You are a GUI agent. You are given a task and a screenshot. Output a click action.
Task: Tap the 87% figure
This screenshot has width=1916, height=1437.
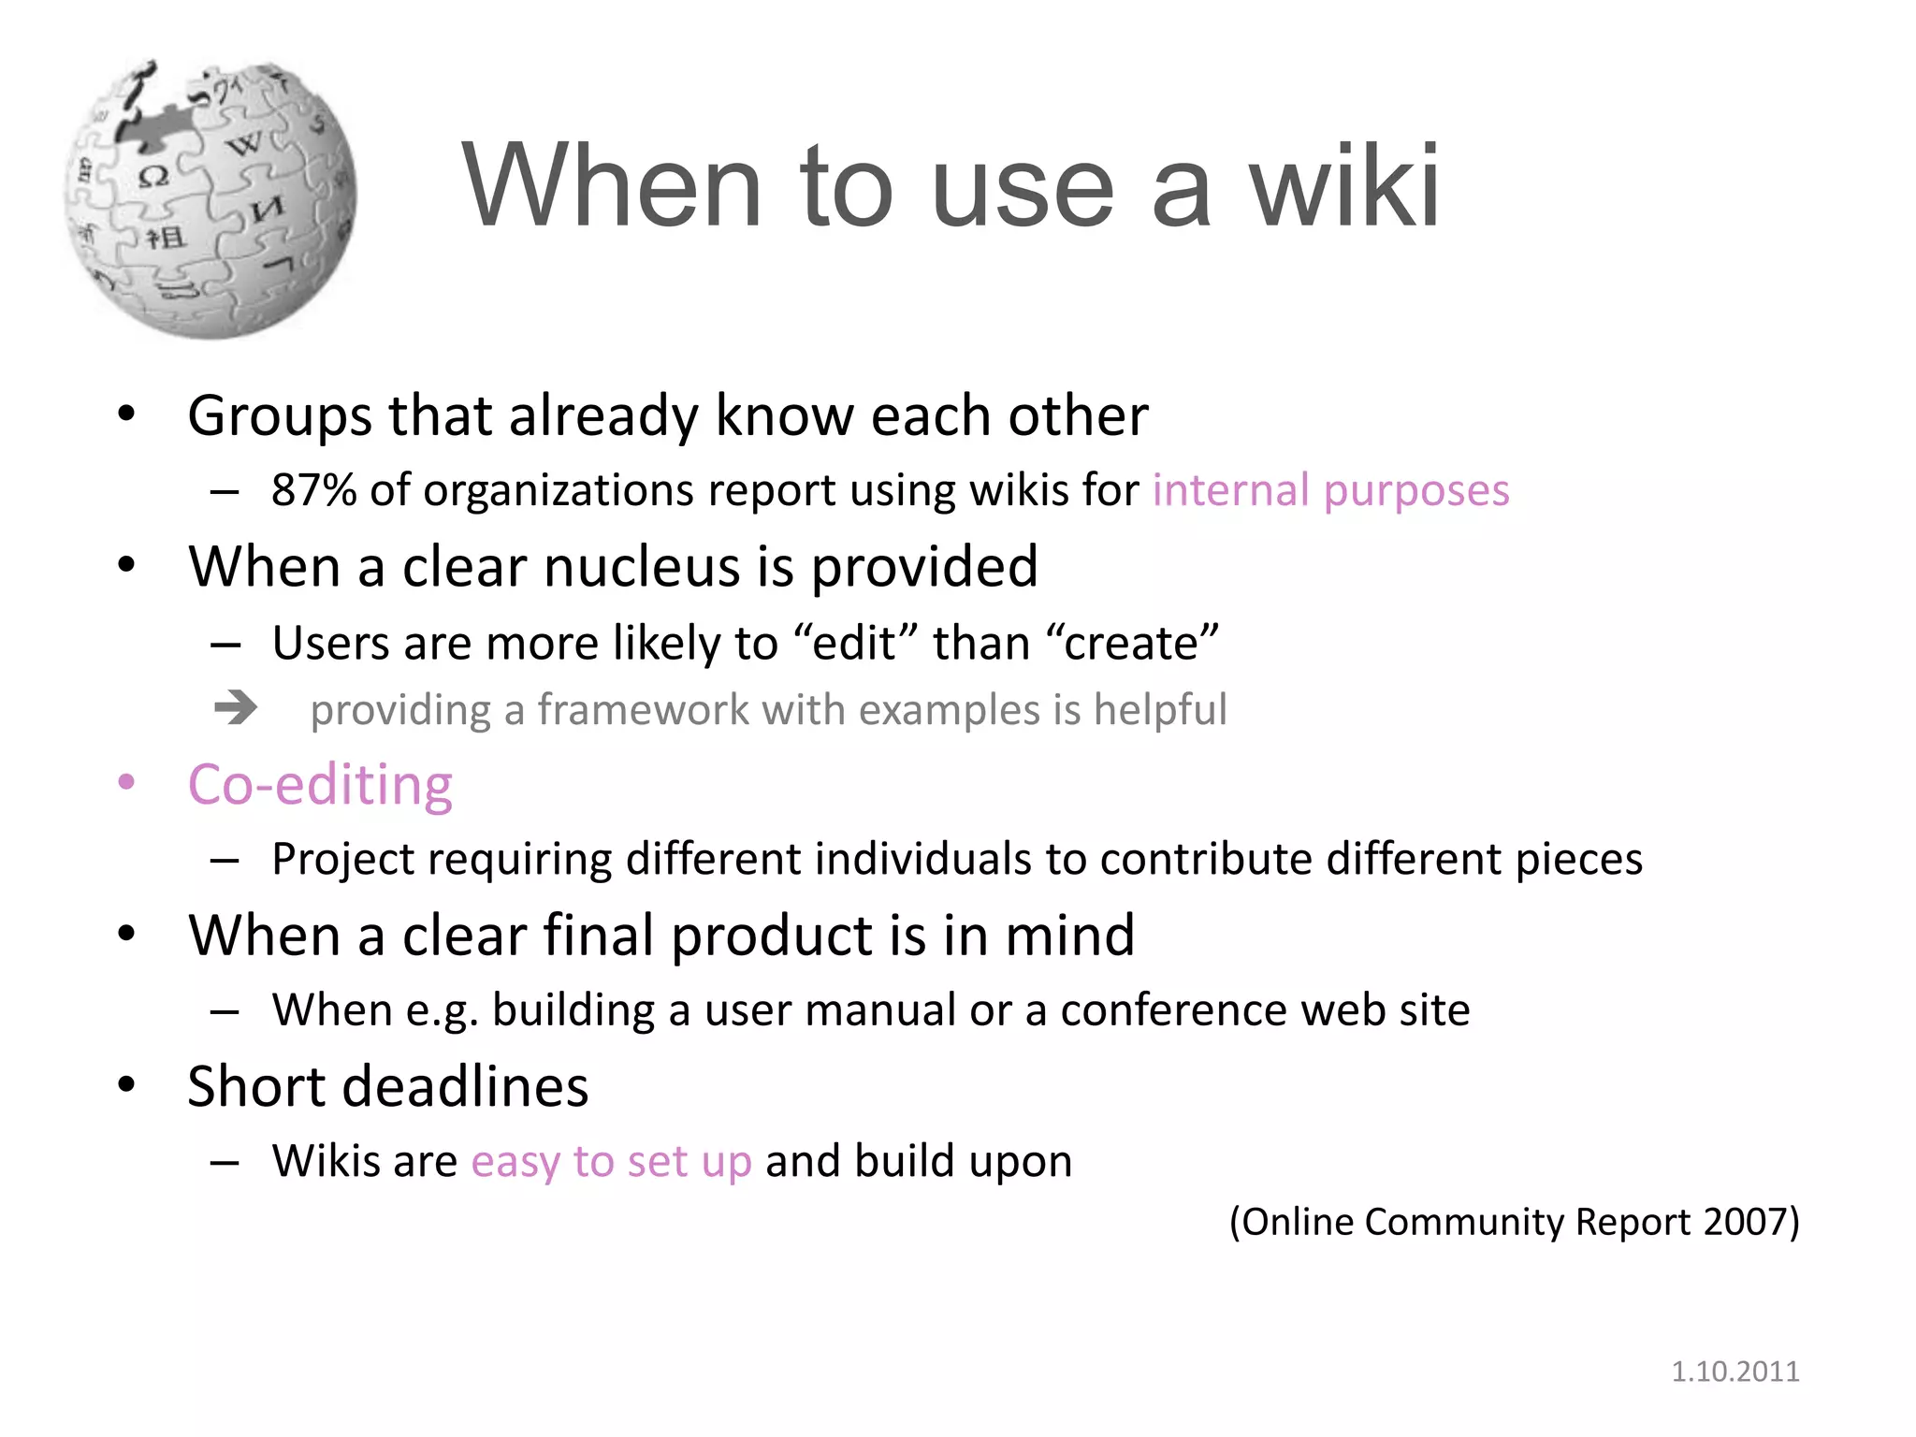[313, 490]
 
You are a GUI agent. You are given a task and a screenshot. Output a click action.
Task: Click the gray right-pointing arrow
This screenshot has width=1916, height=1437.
[235, 708]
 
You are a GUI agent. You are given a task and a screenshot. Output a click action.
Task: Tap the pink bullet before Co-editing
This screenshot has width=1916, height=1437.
[126, 782]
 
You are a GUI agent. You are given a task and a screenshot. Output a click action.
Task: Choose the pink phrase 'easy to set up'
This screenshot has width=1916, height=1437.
[611, 1162]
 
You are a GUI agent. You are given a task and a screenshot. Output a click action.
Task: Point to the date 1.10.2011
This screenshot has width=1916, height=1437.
[1735, 1372]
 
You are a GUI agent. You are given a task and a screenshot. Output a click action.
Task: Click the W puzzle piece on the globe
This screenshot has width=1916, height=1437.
[245, 145]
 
